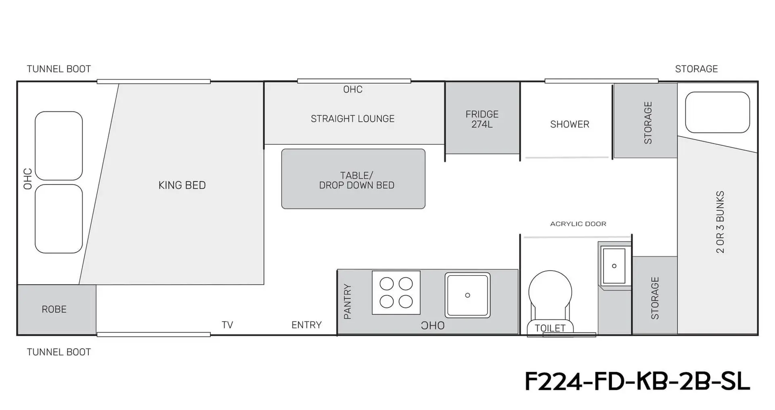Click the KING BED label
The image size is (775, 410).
[x=182, y=185]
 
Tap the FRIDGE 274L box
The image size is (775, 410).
[x=482, y=118]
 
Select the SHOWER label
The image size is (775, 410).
[x=570, y=124]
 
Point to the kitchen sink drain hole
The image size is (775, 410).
[x=467, y=295]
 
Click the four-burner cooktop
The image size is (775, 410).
[x=396, y=292]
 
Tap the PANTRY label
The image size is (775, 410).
[x=347, y=301]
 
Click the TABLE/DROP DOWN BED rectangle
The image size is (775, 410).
[x=353, y=179]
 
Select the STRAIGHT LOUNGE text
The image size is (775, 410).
[x=352, y=119]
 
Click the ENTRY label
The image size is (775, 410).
[x=306, y=325]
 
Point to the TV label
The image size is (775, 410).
[x=227, y=325]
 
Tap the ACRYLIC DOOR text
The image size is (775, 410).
[x=578, y=224]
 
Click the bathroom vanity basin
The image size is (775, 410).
[x=614, y=266]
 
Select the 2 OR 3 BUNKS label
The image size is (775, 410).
[x=720, y=222]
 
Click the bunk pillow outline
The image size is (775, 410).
[x=717, y=112]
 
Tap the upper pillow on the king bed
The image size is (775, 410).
[x=59, y=146]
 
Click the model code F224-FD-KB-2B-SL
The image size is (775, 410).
[x=637, y=381]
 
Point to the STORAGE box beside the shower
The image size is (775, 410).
[x=645, y=120]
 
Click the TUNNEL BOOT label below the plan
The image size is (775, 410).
[x=59, y=352]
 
